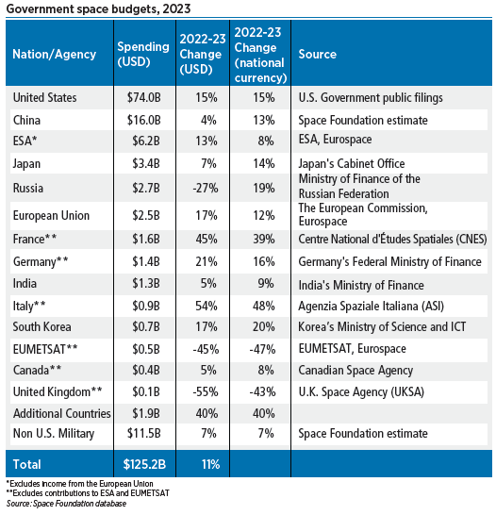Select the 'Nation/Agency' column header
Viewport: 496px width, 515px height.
[x=54, y=55]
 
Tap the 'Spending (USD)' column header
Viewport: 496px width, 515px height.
[x=142, y=55]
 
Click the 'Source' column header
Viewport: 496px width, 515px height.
[x=317, y=55]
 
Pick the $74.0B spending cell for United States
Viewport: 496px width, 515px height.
[x=144, y=97]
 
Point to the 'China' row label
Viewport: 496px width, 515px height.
[x=26, y=121]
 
